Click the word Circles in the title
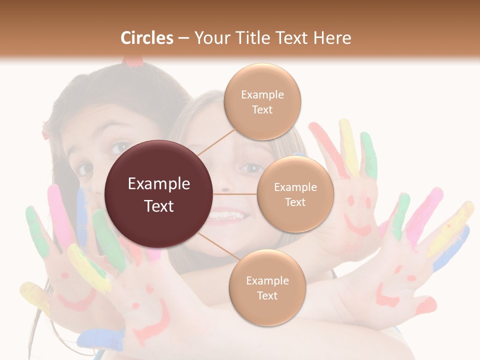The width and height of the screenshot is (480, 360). (x=146, y=38)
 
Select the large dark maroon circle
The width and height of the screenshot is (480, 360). (x=158, y=194)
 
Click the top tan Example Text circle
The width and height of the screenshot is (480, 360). (x=262, y=101)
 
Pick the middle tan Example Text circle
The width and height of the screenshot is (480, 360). (x=295, y=194)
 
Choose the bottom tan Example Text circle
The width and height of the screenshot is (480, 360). (x=267, y=287)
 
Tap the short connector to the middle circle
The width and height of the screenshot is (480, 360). (x=235, y=194)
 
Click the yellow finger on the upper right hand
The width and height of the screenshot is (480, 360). (x=348, y=145)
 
